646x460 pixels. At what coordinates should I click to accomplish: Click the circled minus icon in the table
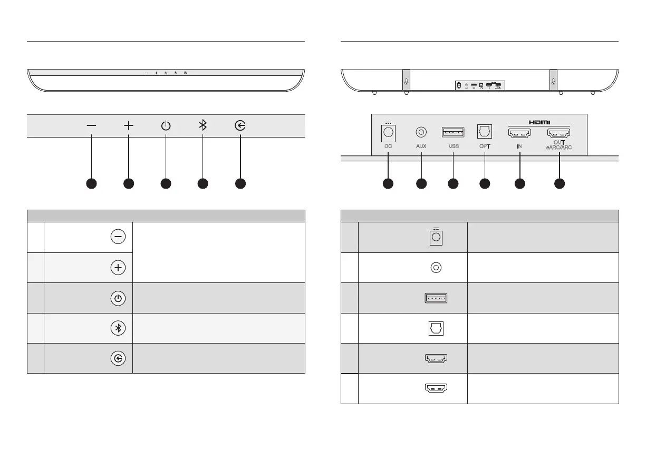118,237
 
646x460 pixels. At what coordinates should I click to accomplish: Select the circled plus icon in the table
118,268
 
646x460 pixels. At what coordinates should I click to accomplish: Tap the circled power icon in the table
118,298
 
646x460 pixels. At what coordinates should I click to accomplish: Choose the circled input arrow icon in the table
118,359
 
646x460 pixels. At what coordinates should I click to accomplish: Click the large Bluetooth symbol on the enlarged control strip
202,125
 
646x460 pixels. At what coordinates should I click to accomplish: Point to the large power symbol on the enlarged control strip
166,125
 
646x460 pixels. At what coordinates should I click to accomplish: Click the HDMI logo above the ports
539,121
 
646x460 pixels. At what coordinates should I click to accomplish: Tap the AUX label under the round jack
421,148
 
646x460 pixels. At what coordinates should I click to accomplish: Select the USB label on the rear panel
453,148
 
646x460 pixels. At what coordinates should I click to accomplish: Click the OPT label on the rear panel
484,148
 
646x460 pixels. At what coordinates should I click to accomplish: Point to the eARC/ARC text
560,149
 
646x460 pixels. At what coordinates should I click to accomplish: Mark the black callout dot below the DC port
388,183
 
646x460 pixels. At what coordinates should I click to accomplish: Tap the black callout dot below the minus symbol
91,183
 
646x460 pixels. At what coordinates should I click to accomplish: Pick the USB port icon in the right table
436,298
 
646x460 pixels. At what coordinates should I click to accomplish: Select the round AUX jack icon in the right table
436,268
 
